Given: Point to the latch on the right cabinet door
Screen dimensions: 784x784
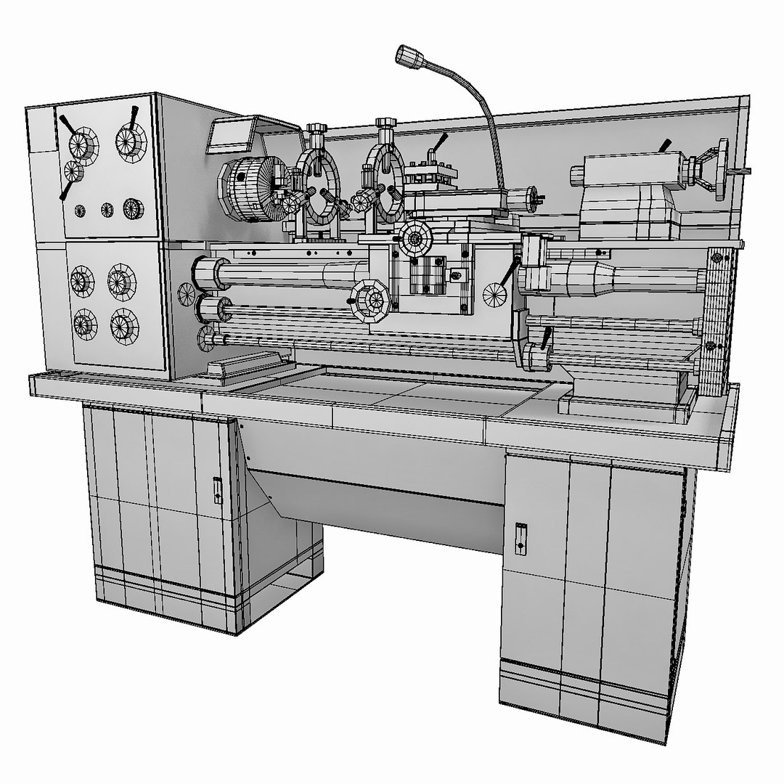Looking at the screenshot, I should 520,537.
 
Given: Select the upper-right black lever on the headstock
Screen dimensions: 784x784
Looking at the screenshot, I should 135,115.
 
